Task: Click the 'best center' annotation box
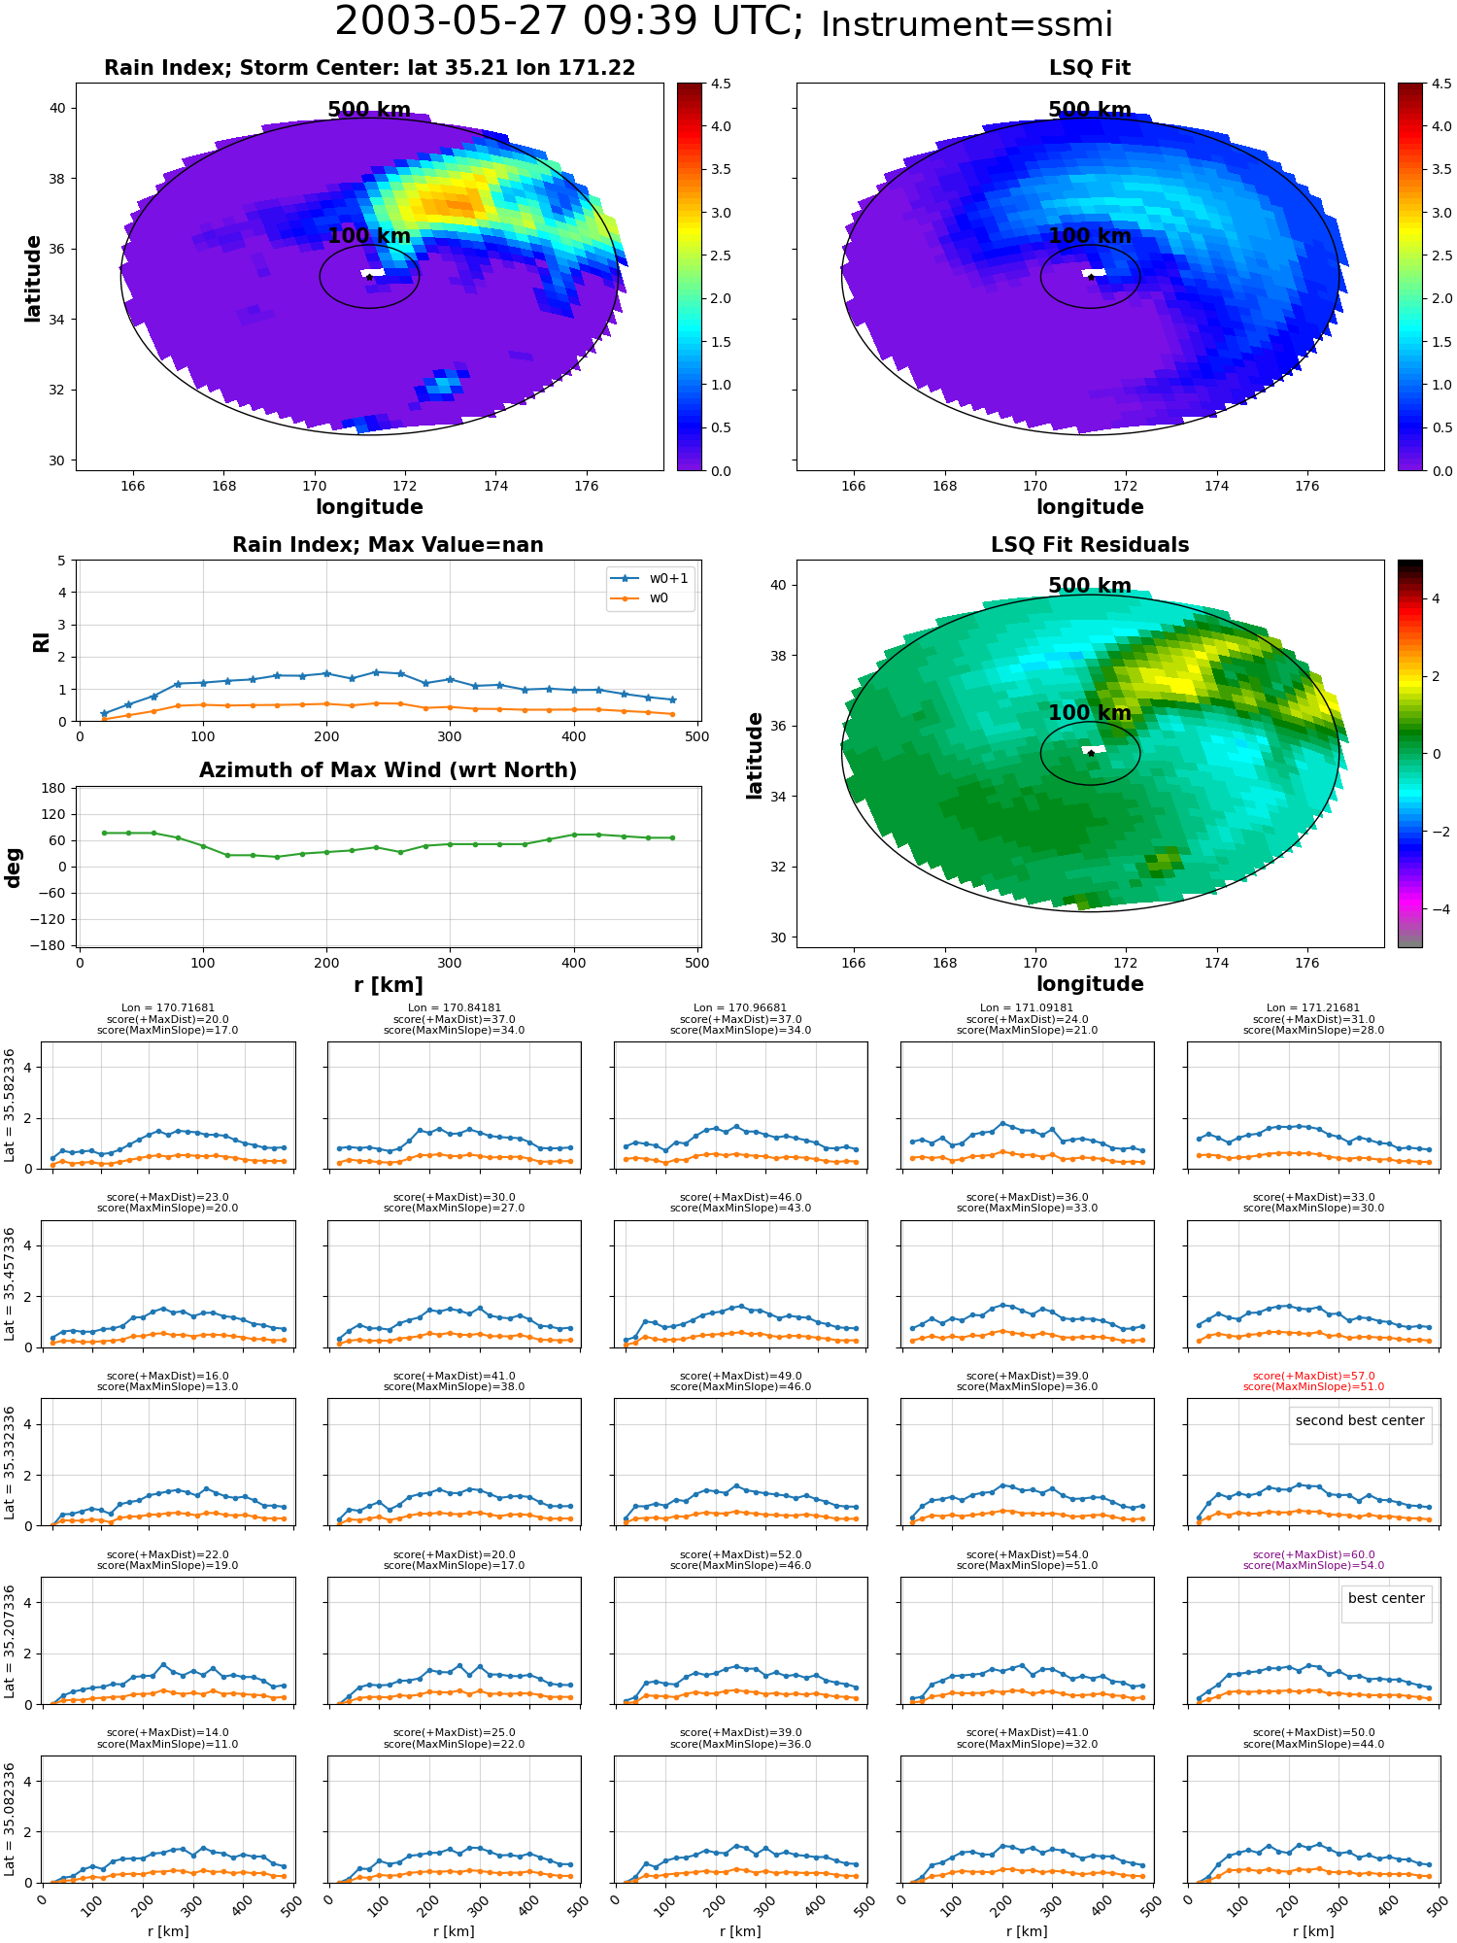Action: point(1386,1599)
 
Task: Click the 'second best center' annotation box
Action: point(1360,1421)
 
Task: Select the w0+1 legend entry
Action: point(650,579)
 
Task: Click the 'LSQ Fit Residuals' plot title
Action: point(1090,545)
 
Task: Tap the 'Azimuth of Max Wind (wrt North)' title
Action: point(388,770)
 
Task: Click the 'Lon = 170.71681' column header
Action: point(168,1008)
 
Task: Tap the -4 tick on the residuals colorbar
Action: point(1436,909)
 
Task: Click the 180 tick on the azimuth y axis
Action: point(53,788)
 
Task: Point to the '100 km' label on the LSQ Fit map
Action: point(1090,236)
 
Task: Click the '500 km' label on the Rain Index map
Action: point(369,110)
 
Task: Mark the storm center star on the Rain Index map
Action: point(369,277)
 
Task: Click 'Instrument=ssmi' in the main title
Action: point(966,24)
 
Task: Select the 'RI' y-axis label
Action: point(41,641)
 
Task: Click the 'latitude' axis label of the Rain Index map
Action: point(33,278)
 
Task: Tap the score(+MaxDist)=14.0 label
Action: point(168,1732)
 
